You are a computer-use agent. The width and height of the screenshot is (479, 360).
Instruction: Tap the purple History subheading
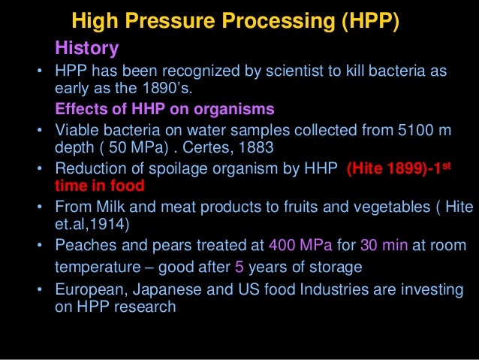86,49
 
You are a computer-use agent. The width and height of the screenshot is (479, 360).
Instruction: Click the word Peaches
84,245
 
